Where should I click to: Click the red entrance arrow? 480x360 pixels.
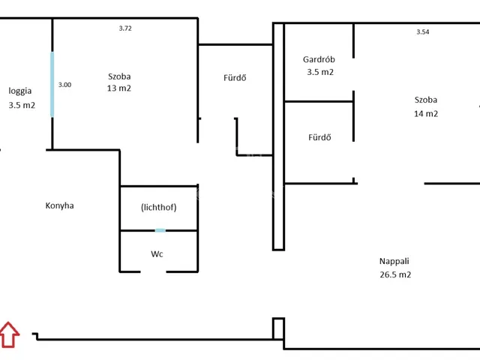pos(9,334)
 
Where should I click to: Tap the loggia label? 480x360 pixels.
pos(20,91)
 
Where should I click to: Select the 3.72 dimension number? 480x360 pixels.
pos(125,28)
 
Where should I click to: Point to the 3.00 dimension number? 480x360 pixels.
pos(65,85)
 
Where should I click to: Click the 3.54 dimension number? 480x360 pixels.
pos(423,31)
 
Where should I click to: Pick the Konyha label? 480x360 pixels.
pos(60,205)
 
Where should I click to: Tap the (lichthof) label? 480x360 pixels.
pos(158,208)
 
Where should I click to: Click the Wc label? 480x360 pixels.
pos(157,253)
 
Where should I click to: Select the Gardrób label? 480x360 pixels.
pos(319,59)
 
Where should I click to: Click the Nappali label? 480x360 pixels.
pos(394,261)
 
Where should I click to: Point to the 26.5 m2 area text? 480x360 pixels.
pos(395,274)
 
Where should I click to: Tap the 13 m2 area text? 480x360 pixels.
pos(119,88)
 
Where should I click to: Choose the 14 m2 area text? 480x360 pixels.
pos(426,114)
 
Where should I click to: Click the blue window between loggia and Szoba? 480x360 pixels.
pos(52,84)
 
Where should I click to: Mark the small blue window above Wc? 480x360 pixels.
pos(160,230)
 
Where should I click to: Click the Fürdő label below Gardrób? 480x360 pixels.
pos(319,137)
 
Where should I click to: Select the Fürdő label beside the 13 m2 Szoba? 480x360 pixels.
pos(235,78)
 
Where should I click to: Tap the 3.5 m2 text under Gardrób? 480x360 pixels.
pos(320,72)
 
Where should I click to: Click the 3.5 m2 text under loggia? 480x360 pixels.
pos(22,105)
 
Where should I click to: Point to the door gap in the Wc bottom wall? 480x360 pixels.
pos(153,271)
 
